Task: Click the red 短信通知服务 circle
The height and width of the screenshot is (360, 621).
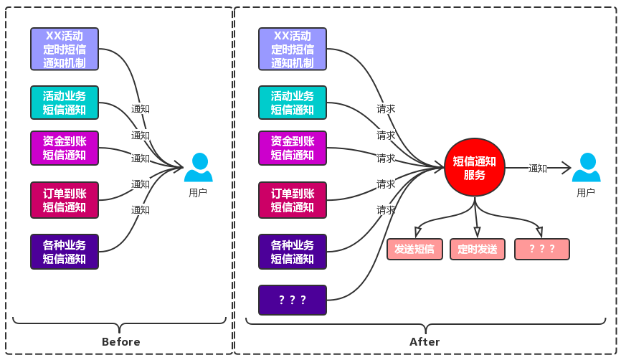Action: (475, 169)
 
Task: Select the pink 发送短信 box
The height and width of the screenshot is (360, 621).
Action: (414, 250)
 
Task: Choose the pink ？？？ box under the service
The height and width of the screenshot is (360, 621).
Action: (541, 250)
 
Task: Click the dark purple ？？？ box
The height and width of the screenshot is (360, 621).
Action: (293, 300)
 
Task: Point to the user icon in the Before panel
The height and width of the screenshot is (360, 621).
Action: (198, 169)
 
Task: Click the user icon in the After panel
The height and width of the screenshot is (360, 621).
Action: (586, 169)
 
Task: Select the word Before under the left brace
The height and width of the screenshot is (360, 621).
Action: (121, 341)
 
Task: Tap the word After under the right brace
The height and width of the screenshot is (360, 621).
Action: (425, 341)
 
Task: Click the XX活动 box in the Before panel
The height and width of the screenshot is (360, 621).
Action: (65, 49)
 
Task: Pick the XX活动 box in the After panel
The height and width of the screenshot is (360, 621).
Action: (293, 49)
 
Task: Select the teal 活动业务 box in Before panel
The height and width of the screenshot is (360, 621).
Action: (65, 103)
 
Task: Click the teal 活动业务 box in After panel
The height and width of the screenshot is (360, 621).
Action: (293, 103)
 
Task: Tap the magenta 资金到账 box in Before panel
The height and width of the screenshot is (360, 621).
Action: (65, 148)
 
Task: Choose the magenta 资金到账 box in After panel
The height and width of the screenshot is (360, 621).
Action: (293, 148)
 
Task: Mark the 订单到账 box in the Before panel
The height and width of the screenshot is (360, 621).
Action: (65, 200)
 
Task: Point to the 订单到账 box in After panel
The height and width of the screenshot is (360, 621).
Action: (293, 200)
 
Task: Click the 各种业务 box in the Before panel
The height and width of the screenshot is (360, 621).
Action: (65, 252)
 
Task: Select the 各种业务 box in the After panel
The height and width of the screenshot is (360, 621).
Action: (293, 252)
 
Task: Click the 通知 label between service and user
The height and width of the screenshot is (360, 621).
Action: (538, 169)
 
